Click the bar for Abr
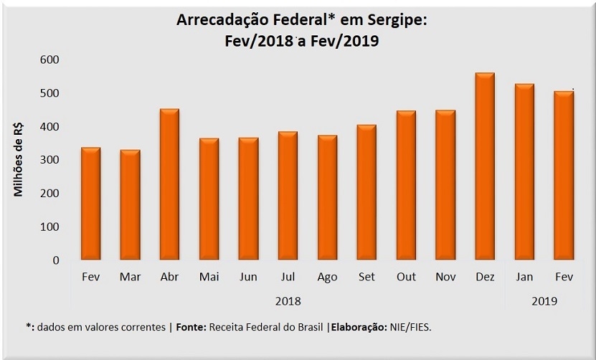click(169, 184)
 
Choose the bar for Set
click(366, 192)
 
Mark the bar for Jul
click(288, 196)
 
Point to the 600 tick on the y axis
click(49, 60)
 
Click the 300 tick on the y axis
click(49, 160)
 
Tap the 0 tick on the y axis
click(55, 260)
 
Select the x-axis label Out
click(406, 277)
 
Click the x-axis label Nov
click(445, 277)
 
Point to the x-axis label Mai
click(209, 277)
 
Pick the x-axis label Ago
click(327, 277)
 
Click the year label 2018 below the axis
click(288, 301)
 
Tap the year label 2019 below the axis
click(544, 301)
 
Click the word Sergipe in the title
click(394, 21)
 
